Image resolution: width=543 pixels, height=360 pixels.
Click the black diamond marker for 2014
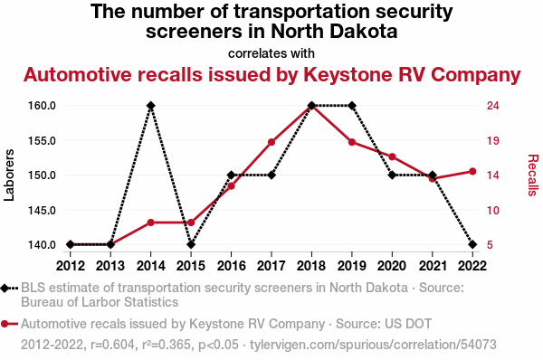click(150, 106)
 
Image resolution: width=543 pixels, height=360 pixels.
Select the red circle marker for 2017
click(271, 142)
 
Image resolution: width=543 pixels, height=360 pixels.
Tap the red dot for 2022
click(472, 171)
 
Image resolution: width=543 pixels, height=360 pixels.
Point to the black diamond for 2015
click(191, 244)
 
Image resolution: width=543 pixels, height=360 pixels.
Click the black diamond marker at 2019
click(352, 106)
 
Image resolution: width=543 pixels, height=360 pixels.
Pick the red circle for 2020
click(392, 156)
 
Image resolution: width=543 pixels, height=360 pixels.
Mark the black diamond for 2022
click(472, 244)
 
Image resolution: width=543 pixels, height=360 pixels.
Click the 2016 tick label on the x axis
click(232, 266)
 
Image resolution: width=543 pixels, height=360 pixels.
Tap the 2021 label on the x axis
click(433, 266)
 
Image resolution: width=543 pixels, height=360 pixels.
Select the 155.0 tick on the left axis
click(42, 141)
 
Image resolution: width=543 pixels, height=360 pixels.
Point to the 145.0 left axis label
click(42, 210)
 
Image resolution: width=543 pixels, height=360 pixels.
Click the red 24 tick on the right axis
click(493, 106)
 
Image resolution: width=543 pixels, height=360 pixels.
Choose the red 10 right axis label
click(493, 210)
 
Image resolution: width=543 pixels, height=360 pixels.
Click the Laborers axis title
click(9, 175)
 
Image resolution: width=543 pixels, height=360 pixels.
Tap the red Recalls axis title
click(533, 175)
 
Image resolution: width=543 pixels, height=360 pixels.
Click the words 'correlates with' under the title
click(271, 53)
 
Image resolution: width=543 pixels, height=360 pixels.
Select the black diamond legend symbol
click(5, 288)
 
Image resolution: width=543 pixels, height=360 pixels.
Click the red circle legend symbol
click(5, 324)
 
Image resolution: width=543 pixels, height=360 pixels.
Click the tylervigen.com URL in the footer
click(373, 345)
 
